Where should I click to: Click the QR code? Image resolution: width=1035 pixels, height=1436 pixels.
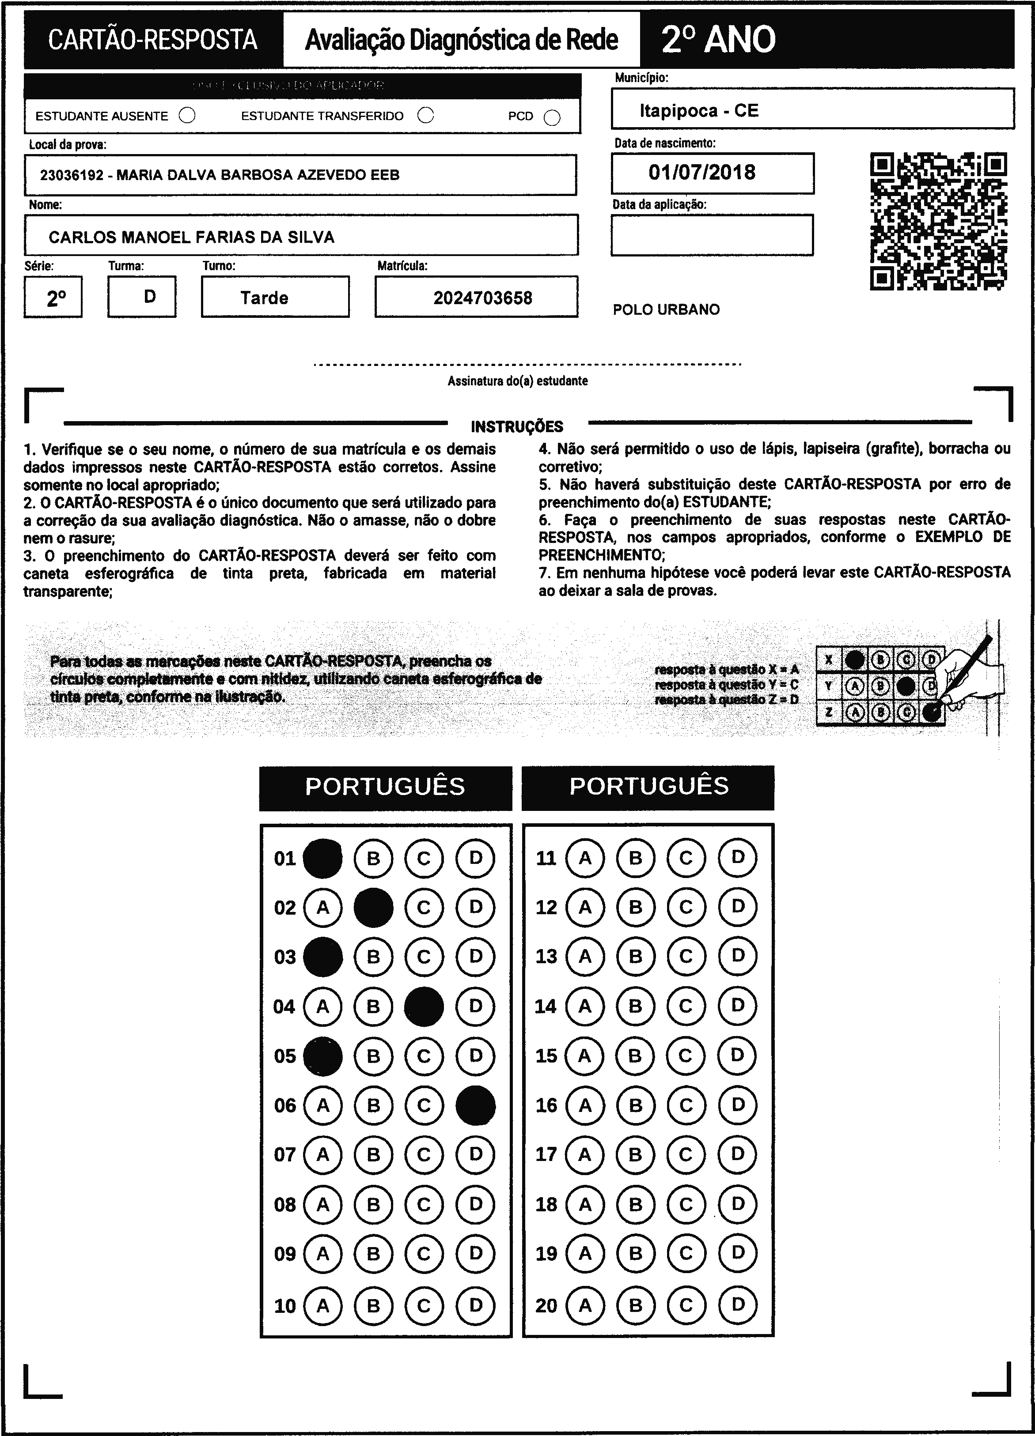tap(938, 221)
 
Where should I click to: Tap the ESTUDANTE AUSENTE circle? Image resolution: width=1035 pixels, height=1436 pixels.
tap(187, 115)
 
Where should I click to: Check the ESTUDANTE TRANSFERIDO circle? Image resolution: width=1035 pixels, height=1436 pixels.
tap(426, 115)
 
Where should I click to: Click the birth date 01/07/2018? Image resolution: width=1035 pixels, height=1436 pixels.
tap(702, 172)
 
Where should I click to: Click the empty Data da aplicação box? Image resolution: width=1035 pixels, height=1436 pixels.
tap(712, 235)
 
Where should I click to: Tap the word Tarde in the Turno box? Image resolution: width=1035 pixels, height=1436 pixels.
tap(264, 298)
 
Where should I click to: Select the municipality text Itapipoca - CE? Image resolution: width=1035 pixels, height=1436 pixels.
tap(699, 111)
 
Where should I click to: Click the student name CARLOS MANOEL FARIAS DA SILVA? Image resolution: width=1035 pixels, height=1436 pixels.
tap(191, 237)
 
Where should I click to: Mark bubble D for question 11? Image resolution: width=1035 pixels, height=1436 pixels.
tap(737, 858)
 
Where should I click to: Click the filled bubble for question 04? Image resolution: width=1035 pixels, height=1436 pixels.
tap(424, 1006)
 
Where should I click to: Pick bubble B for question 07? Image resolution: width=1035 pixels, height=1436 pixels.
tap(373, 1154)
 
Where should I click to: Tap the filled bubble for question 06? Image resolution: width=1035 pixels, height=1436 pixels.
tap(475, 1105)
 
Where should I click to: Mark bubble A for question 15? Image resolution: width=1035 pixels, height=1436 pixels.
tap(584, 1055)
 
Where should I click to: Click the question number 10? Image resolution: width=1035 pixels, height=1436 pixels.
tap(285, 1306)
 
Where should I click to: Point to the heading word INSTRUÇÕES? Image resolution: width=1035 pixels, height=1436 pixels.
tap(517, 426)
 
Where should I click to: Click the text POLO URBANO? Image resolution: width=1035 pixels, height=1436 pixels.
tap(666, 309)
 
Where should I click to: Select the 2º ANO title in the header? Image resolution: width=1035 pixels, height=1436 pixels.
tap(718, 39)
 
